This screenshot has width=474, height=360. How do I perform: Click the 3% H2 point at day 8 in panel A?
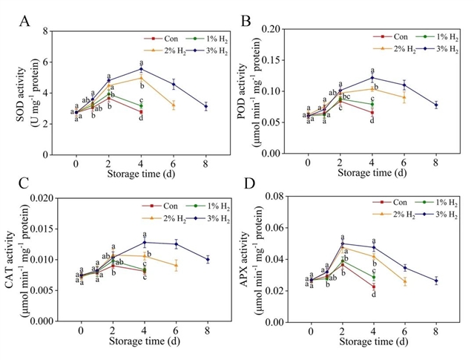205,107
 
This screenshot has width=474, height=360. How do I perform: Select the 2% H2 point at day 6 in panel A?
174,105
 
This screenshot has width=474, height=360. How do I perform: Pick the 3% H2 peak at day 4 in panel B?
372,78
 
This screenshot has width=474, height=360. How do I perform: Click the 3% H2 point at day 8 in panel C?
208,259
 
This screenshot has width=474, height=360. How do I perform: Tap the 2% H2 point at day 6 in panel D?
405,281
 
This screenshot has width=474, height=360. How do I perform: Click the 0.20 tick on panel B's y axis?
280,30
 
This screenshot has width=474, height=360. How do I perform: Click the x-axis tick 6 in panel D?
405,332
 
